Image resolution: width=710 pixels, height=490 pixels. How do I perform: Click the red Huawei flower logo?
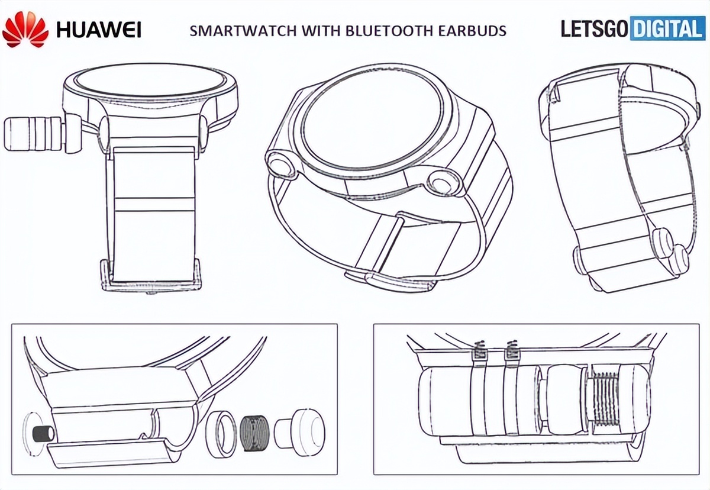[25, 30]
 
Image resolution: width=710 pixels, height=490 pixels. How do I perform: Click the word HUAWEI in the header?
[98, 29]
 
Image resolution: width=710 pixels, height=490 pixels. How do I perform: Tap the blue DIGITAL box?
[666, 28]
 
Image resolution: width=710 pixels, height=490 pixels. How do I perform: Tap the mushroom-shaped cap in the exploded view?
[301, 427]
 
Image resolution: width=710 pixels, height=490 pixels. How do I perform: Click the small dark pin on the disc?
[42, 433]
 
